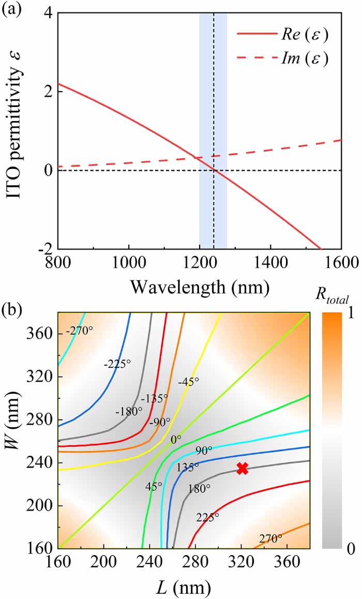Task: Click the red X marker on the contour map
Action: [x=242, y=469]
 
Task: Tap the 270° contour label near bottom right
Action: [x=269, y=538]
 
